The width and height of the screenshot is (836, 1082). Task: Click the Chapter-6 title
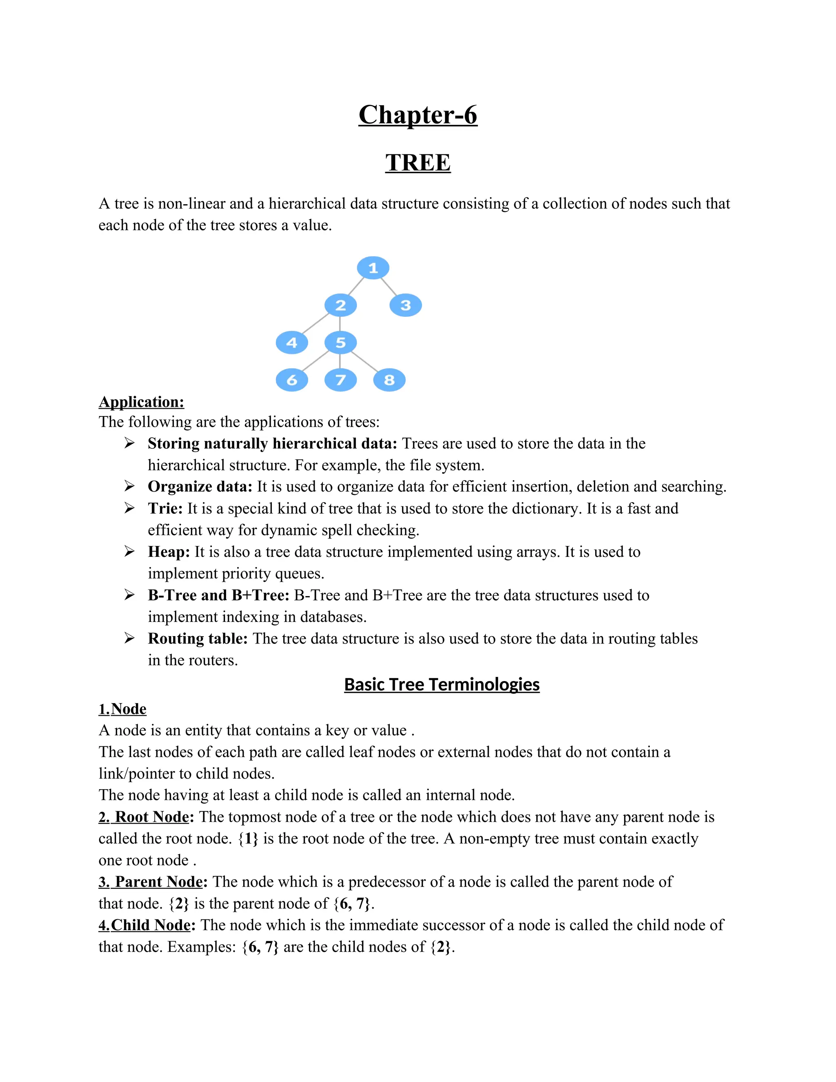418,115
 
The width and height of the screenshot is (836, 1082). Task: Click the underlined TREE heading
418,163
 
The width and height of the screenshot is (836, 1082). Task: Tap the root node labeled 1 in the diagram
373,268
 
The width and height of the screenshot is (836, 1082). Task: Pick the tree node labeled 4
292,342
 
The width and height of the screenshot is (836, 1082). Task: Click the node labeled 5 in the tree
340,342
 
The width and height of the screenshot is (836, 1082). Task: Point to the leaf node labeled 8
389,380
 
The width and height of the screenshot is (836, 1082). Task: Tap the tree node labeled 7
340,380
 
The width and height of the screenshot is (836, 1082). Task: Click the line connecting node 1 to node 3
389,287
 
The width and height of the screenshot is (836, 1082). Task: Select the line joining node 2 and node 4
316,324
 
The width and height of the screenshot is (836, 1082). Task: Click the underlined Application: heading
141,402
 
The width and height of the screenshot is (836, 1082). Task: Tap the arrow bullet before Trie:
129,508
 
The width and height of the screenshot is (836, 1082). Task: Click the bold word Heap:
169,552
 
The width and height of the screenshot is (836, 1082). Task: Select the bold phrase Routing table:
197,639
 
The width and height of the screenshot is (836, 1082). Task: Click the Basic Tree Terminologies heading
441,684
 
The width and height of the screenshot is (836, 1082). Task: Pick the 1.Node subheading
122,709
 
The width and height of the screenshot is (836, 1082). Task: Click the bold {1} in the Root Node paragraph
248,839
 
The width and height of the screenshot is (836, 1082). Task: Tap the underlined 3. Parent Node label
151,882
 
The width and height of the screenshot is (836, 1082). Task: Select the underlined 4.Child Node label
144,925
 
